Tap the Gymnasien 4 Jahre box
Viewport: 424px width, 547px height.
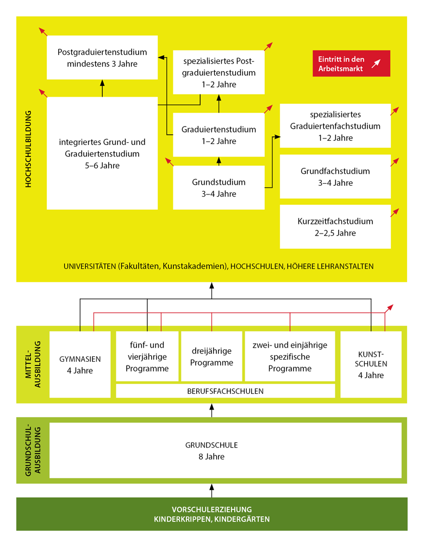click(80, 364)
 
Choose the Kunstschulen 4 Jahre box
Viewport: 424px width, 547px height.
click(371, 364)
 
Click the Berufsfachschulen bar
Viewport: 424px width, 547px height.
click(225, 391)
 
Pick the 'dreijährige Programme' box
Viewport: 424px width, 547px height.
click(211, 356)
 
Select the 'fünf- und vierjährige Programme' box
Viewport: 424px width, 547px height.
click(147, 356)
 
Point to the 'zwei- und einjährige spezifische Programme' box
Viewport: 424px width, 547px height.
click(290, 356)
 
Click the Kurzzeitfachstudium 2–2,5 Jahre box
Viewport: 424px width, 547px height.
click(335, 227)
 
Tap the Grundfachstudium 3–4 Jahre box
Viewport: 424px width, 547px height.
click(335, 177)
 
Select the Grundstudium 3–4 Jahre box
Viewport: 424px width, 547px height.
click(219, 187)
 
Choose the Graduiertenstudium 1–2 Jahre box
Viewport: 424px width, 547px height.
click(219, 135)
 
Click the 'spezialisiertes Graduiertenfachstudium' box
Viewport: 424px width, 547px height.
click(335, 125)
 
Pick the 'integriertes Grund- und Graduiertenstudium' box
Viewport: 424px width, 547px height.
click(102, 153)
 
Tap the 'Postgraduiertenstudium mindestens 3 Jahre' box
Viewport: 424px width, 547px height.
click(102, 57)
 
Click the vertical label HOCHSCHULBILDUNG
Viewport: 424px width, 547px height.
click(29, 149)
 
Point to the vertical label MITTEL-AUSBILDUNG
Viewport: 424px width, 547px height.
click(33, 364)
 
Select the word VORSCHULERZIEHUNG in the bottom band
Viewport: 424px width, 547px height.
click(211, 509)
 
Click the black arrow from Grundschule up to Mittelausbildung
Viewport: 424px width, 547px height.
click(212, 411)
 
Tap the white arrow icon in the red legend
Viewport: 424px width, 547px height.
click(376, 63)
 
